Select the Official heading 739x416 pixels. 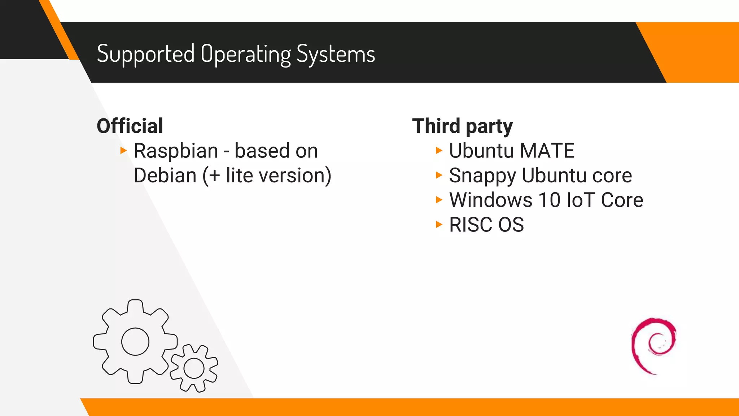130,126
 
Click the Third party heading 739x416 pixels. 462,126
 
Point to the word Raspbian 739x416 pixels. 176,151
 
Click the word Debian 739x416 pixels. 165,175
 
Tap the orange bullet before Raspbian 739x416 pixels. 123,151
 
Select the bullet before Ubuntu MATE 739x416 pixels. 439,151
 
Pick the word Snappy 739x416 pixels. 482,176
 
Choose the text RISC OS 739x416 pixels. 486,225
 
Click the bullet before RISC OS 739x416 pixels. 439,225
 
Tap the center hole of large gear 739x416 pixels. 135,342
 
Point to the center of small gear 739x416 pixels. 194,368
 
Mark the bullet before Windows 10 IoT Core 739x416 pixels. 439,200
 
